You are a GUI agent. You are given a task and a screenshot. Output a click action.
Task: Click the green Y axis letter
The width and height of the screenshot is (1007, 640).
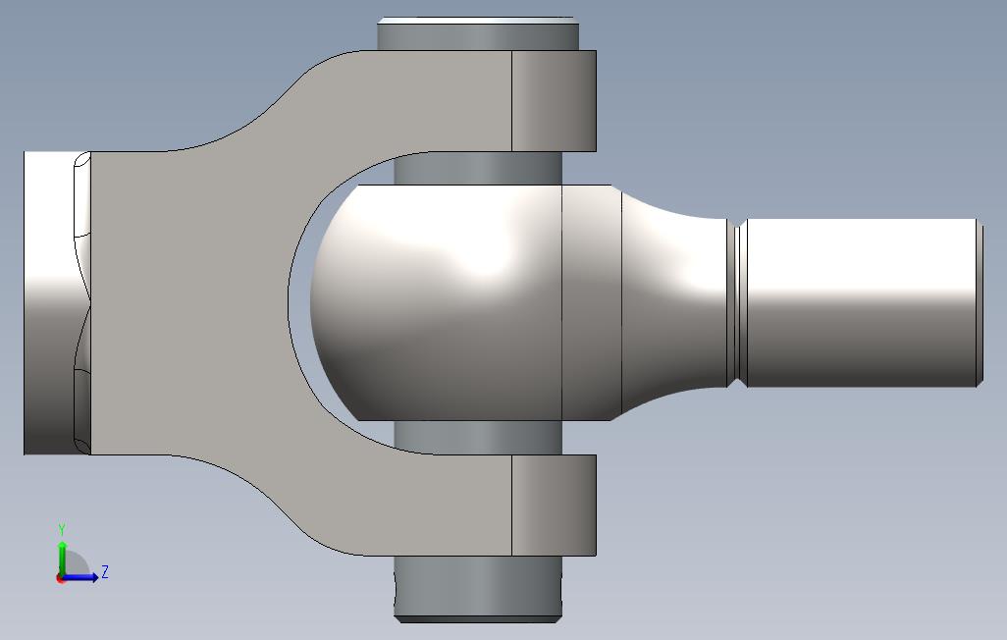click(x=62, y=530)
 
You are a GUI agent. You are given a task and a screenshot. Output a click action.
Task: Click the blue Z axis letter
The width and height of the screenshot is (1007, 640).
click(x=105, y=571)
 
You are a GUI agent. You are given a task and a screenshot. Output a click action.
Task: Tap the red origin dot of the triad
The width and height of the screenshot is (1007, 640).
click(x=61, y=578)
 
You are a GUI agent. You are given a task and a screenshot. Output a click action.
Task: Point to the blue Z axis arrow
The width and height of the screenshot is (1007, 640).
click(x=80, y=577)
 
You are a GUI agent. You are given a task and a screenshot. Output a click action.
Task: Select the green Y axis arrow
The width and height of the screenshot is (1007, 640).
click(x=62, y=560)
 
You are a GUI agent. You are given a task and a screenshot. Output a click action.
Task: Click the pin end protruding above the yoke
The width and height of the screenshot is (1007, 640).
click(x=478, y=34)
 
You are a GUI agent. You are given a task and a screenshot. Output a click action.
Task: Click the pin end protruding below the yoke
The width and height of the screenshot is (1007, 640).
click(x=478, y=589)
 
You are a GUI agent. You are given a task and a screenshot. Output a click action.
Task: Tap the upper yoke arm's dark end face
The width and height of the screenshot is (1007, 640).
click(x=555, y=101)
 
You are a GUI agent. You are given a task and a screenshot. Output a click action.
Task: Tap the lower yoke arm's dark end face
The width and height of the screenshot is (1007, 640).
click(x=555, y=506)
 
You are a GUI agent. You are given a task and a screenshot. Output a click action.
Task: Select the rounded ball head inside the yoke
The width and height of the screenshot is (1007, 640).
click(x=437, y=302)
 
